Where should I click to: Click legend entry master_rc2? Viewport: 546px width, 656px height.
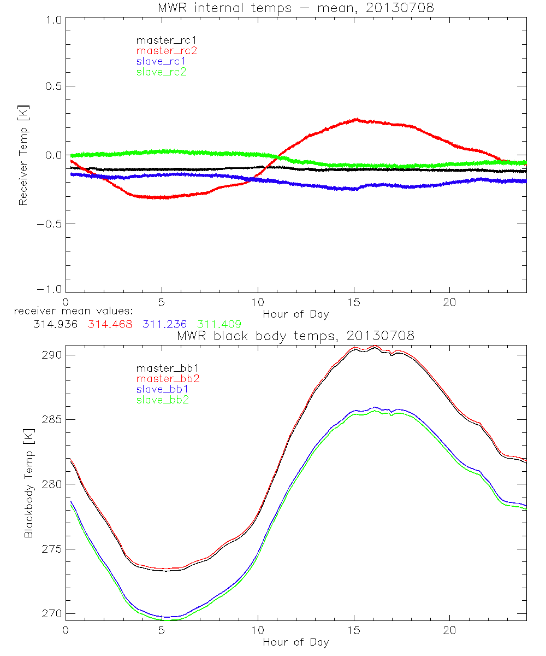(166, 51)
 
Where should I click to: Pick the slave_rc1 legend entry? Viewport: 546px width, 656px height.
(161, 61)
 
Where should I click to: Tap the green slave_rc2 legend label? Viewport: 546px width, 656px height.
(161, 72)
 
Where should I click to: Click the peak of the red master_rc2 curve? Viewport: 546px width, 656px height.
(357, 119)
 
